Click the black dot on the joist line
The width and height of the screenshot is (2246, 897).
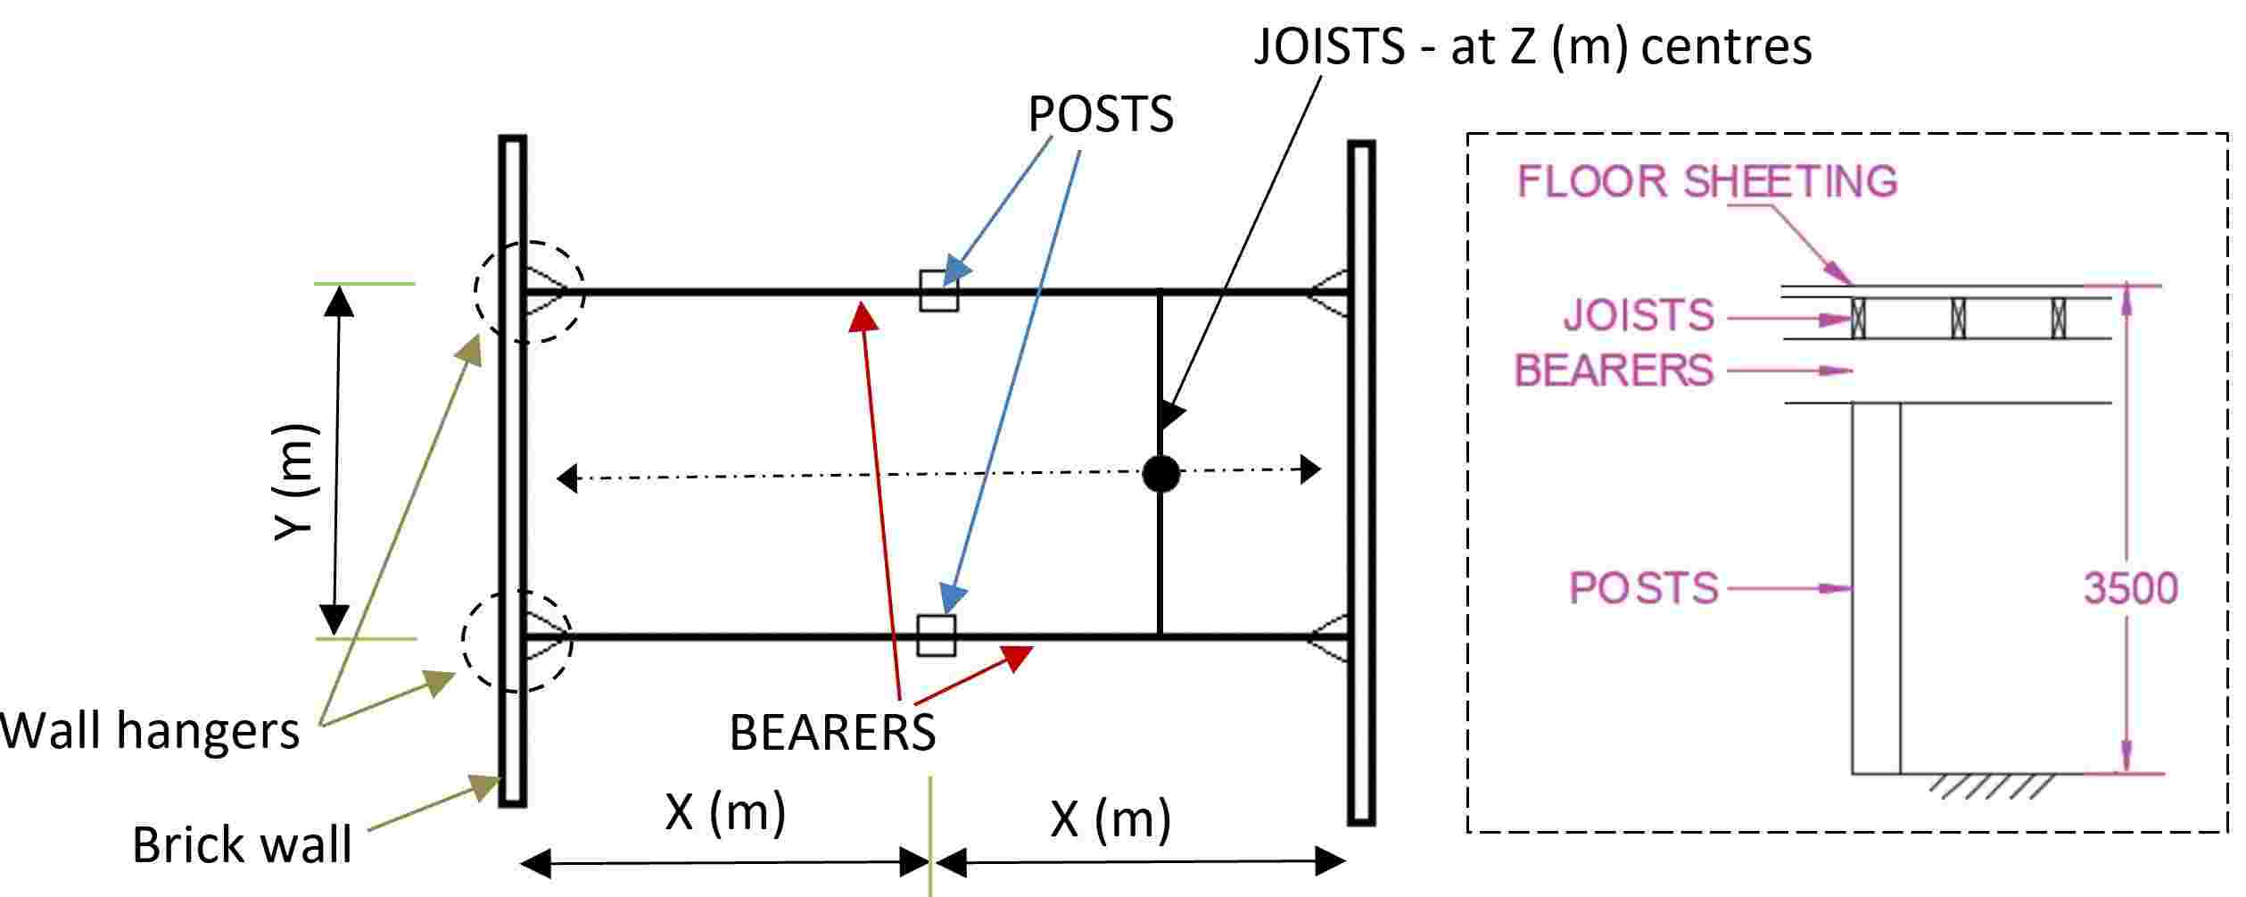[x=1160, y=473]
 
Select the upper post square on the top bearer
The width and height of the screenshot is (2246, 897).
[x=939, y=291]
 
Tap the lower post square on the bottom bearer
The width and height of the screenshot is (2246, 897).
[x=937, y=635]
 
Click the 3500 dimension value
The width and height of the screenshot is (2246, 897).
[x=2131, y=588]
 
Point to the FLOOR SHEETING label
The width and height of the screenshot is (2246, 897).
[x=1707, y=181]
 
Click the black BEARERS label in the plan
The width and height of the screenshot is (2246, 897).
[x=832, y=733]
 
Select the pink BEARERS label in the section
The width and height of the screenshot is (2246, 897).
[x=1614, y=370]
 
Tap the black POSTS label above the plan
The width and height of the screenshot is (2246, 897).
[x=1101, y=114]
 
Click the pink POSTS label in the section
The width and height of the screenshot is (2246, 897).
[x=1643, y=588]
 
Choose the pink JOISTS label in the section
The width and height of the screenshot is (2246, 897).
[x=1639, y=315]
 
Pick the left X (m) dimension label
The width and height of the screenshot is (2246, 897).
[x=725, y=812]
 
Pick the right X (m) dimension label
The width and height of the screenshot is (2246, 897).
[x=1110, y=818]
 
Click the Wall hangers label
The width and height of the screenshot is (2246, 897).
[x=150, y=731]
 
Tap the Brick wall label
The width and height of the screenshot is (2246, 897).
[x=242, y=844]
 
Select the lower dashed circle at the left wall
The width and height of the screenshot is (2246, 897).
[x=464, y=640]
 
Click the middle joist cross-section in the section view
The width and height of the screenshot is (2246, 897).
[x=1958, y=318]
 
